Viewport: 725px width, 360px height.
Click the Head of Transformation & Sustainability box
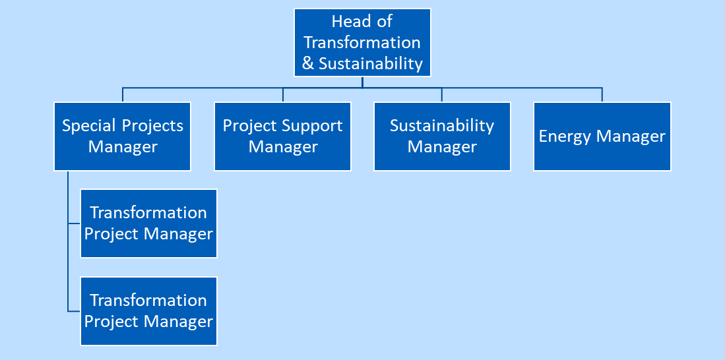tap(362, 42)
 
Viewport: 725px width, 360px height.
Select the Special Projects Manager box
tap(123, 136)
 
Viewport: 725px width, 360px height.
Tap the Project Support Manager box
tap(282, 136)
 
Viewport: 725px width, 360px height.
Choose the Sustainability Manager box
tap(442, 136)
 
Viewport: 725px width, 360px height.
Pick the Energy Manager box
tap(602, 136)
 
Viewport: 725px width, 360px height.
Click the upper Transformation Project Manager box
tap(148, 224)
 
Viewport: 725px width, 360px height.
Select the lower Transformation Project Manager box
tap(148, 311)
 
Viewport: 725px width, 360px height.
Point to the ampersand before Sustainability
tap(308, 64)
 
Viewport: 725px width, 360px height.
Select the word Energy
tap(565, 137)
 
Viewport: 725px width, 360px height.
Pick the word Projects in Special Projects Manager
tap(153, 126)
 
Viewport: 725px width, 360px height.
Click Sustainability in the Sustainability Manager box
tap(442, 126)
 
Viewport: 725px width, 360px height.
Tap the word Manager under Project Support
tap(283, 148)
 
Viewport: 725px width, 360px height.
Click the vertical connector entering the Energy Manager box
tap(602, 95)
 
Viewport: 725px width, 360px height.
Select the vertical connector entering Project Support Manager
tap(282, 95)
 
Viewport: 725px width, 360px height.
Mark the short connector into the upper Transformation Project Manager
tap(74, 224)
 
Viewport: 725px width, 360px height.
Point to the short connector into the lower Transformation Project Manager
tap(74, 311)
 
